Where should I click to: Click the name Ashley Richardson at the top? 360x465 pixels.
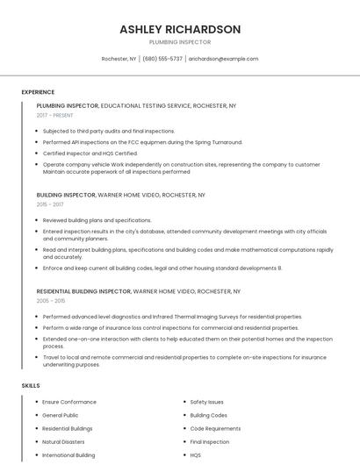(180, 29)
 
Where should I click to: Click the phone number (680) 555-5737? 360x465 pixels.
(162, 59)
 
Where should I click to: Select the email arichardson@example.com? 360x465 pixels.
(223, 59)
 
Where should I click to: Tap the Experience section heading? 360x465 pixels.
(38, 91)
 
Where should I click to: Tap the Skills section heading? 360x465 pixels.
(31, 385)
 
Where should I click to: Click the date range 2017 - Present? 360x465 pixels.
(56, 115)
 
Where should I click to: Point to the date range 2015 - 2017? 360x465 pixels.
(50, 204)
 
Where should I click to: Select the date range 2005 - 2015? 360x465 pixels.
(51, 300)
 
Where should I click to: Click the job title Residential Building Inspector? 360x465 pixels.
(83, 290)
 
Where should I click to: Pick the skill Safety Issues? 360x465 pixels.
(206, 402)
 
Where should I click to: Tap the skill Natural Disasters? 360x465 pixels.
(63, 442)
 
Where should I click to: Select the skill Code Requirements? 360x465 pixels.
(215, 429)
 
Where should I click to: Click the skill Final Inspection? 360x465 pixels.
(209, 442)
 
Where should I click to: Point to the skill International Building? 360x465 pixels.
(68, 455)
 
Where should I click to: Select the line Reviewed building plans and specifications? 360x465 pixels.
(97, 220)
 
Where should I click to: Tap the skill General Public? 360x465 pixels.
(61, 415)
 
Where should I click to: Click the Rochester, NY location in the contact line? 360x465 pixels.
(119, 59)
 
